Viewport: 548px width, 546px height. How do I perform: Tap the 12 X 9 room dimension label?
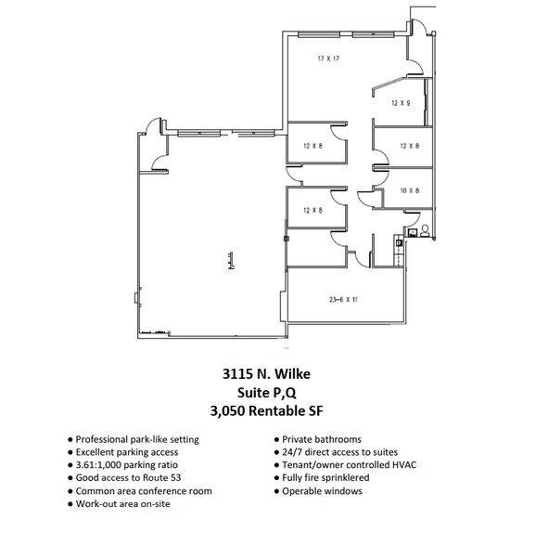401,103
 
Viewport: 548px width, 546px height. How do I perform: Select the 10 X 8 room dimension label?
409,190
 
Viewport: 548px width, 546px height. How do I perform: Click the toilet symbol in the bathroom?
425,229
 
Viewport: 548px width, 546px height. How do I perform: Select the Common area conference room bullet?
144,491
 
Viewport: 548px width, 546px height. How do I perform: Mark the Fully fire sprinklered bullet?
325,478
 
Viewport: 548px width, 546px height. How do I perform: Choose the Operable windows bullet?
322,491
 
